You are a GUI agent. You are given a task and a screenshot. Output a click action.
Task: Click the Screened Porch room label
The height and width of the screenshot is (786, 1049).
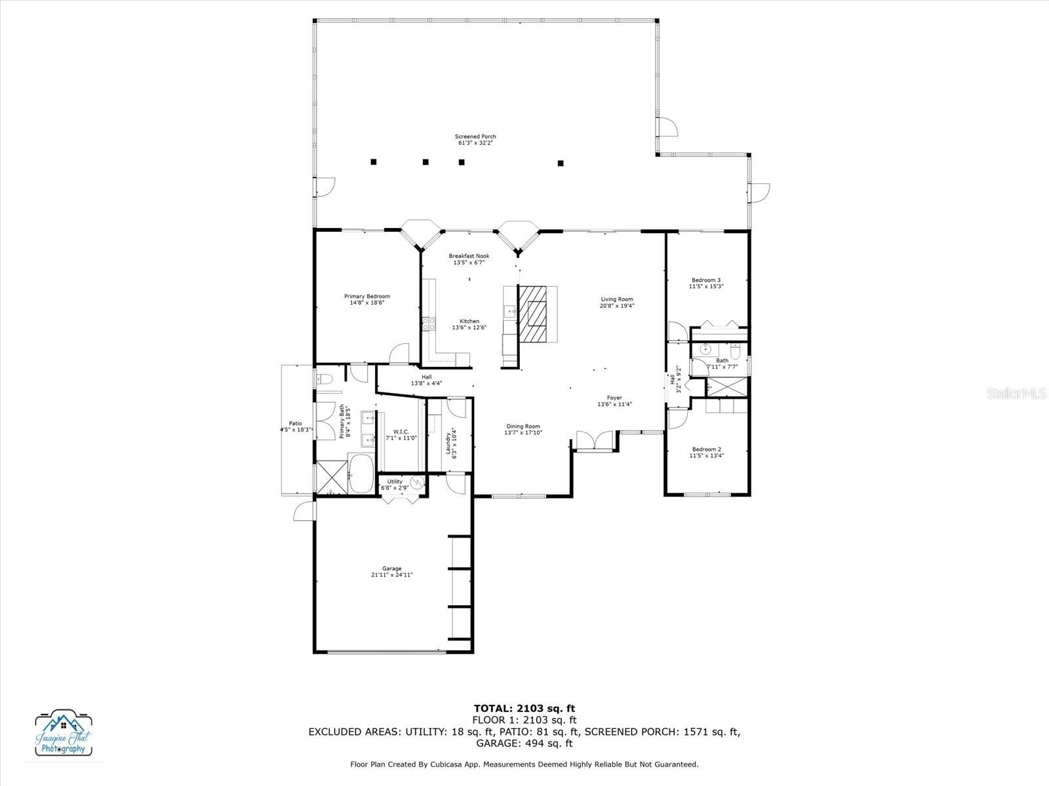click(475, 137)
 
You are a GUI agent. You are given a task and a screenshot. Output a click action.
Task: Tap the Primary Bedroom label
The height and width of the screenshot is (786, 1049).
click(367, 297)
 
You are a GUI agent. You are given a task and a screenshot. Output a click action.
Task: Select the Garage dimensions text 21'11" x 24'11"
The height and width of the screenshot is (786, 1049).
click(392, 575)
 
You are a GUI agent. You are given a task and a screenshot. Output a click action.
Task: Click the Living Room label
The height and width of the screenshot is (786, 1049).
click(617, 299)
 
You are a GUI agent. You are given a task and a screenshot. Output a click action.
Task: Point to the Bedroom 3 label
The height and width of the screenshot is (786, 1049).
click(706, 280)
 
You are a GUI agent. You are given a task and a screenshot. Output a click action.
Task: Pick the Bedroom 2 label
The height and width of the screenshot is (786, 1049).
click(707, 449)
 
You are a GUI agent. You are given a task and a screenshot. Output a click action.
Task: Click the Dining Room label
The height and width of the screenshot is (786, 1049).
click(523, 426)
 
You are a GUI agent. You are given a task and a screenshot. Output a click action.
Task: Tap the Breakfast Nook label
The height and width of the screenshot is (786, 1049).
click(469, 256)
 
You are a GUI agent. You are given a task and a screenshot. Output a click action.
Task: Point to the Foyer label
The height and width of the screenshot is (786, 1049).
click(614, 398)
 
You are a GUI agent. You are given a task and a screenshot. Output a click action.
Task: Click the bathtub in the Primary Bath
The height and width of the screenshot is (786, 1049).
click(361, 473)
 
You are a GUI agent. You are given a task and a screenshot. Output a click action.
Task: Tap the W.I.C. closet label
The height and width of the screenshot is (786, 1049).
click(401, 432)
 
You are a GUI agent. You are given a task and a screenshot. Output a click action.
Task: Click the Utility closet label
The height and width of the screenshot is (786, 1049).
click(395, 481)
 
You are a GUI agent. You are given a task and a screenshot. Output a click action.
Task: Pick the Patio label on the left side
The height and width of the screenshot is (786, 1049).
click(296, 424)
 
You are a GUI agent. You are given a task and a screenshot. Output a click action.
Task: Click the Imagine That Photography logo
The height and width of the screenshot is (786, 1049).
click(64, 732)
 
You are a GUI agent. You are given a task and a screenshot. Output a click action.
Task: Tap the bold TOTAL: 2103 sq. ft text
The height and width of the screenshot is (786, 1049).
click(524, 708)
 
